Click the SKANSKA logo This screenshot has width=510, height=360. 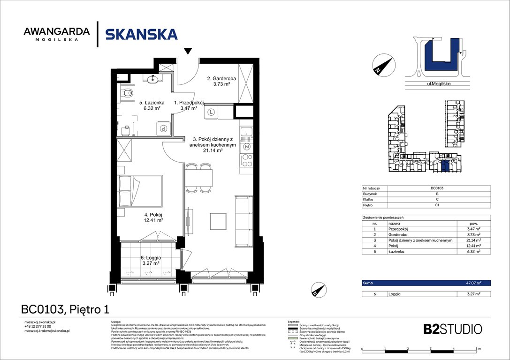point(141,35)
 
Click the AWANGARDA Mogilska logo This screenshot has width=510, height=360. point(56,34)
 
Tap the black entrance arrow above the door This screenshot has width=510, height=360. point(188,51)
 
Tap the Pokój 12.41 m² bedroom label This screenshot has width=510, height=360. point(153,217)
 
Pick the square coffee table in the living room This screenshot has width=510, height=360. point(218,221)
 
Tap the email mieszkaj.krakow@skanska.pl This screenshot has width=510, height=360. point(47,331)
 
